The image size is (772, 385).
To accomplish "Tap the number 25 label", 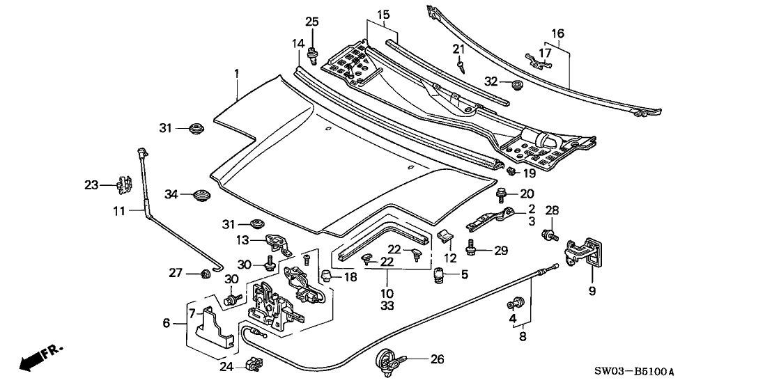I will pos(311,21).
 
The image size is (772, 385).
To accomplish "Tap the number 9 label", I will pos(592,291).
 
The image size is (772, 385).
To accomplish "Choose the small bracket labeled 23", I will pos(124,185).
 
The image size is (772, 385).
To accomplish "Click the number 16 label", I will pos(558,33).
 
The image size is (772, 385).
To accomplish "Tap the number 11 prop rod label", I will pos(118,210).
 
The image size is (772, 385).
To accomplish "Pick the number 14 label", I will pos(298,44).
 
